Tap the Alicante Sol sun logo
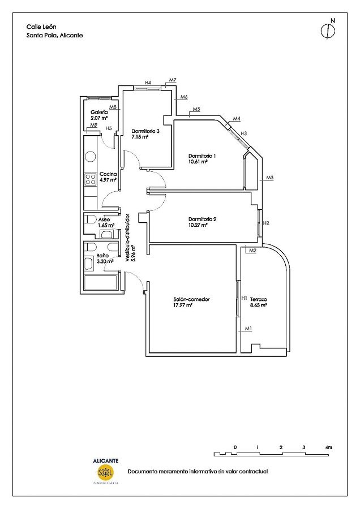pyautogui.click(x=106, y=472)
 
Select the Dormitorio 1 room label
pyautogui.click(x=202, y=156)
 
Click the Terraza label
pyautogui.click(x=258, y=299)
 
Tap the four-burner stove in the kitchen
pyautogui.click(x=91, y=179)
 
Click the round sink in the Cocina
pyautogui.click(x=91, y=157)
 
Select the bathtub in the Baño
pyautogui.click(x=100, y=283)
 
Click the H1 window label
pyautogui.click(x=245, y=297)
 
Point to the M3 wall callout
pyautogui.click(x=269, y=178)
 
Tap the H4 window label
pyautogui.click(x=148, y=83)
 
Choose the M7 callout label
pyautogui.click(x=173, y=80)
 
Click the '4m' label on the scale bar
pyautogui.click(x=328, y=447)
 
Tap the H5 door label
pyautogui.click(x=109, y=128)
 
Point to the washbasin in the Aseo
pyautogui.click(x=106, y=234)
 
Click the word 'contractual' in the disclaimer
pyautogui.click(x=254, y=471)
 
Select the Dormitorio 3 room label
pyautogui.click(x=145, y=131)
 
